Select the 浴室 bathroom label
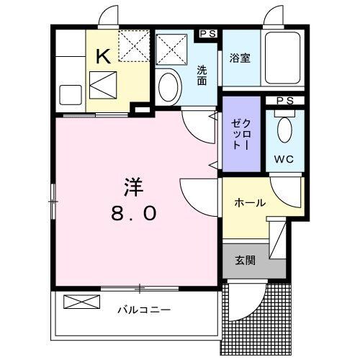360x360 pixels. point(240,58)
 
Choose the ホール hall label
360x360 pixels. point(250,203)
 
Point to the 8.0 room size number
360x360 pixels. point(132,213)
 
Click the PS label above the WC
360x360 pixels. point(284,100)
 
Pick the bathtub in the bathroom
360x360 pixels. point(283,60)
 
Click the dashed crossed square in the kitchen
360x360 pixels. point(132,45)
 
